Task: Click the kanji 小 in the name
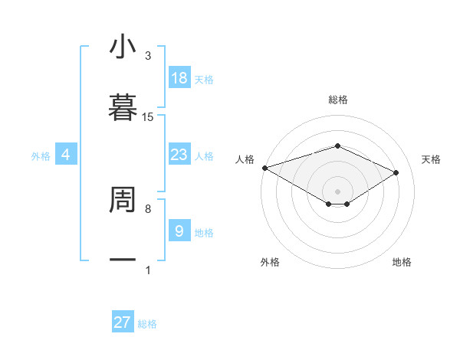click(123, 47)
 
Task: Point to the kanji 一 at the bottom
click(123, 260)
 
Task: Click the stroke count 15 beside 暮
click(148, 116)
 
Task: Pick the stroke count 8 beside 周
click(148, 208)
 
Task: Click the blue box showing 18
click(179, 78)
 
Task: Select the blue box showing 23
click(179, 155)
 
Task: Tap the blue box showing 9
click(179, 231)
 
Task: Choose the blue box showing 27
click(123, 322)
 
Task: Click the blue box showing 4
click(66, 155)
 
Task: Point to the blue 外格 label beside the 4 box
click(41, 155)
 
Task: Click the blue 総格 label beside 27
click(147, 324)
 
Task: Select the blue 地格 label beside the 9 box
click(204, 232)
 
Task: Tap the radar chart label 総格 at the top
click(337, 100)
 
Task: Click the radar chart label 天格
click(431, 159)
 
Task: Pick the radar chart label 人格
click(245, 159)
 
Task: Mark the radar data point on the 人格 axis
click(264, 168)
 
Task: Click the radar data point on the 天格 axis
click(396, 172)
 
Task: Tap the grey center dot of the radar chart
click(337, 191)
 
